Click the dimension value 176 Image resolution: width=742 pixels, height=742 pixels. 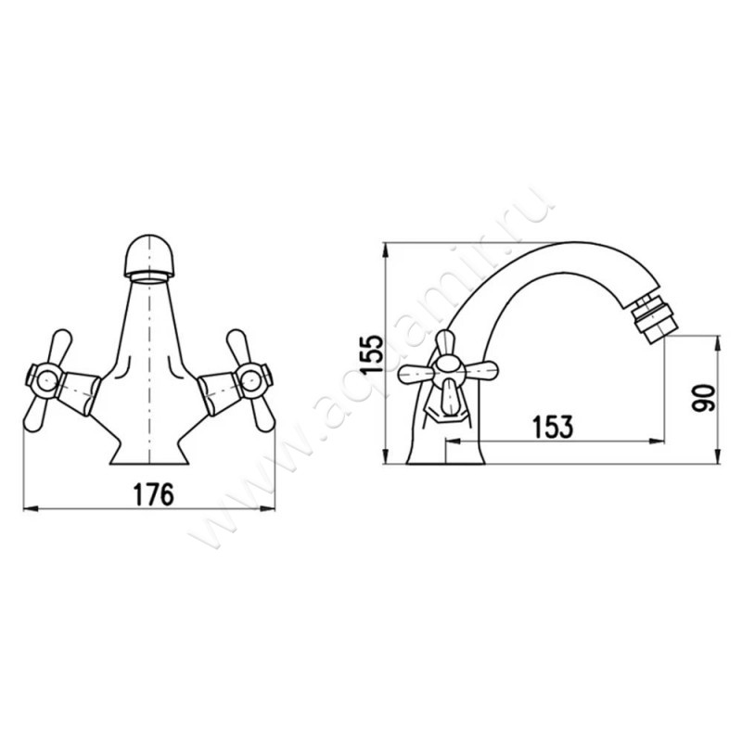(154, 494)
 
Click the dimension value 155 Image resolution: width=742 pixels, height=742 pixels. (371, 355)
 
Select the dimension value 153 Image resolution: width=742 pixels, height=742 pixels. (553, 427)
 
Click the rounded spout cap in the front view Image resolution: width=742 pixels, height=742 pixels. (149, 256)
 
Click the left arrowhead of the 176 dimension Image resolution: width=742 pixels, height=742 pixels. (31, 509)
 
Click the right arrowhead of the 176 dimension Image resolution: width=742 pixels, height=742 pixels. (267, 509)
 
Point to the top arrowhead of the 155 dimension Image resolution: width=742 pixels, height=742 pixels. (387, 249)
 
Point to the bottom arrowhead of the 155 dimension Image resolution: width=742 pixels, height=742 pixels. (387, 456)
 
